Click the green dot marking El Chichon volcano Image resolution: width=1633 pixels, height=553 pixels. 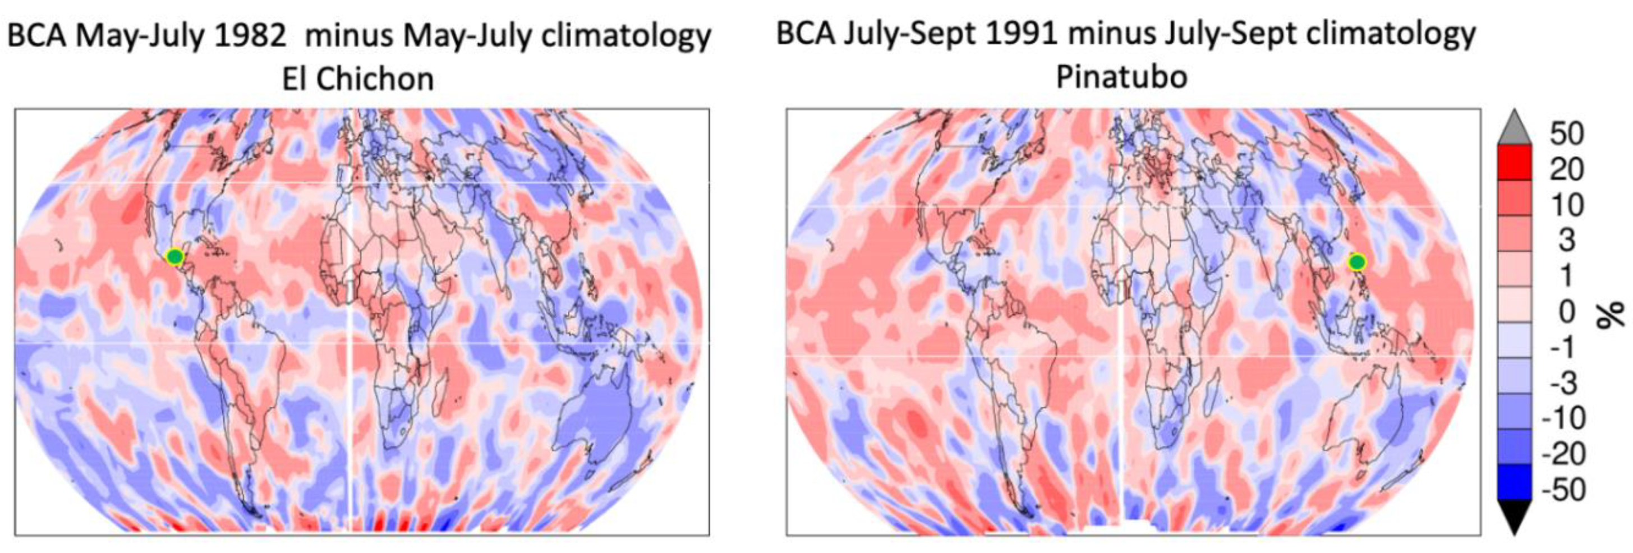(175, 256)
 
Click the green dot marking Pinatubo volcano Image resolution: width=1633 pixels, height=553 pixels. (1356, 261)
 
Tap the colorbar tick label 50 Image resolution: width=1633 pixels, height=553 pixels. (1566, 133)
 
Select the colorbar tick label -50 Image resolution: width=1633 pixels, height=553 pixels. (1567, 490)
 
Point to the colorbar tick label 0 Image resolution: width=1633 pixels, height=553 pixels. (1566, 312)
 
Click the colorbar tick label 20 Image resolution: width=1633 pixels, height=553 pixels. (1566, 169)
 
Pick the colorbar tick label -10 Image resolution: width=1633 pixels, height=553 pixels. (1567, 418)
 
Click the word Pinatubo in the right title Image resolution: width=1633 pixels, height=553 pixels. (1121, 77)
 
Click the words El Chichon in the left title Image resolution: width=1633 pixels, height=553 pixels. (358, 80)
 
